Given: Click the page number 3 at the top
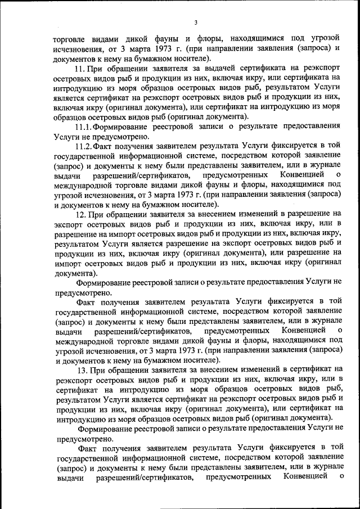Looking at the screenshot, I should coord(195,22).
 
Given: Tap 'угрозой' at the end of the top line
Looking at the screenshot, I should coord(326,39).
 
